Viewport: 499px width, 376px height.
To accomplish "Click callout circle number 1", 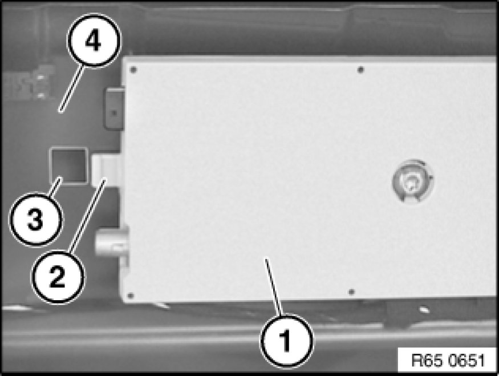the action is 287,341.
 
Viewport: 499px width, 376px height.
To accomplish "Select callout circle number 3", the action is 36,219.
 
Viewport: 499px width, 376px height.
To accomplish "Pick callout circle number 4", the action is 94,41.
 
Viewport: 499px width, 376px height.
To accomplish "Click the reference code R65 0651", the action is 448,361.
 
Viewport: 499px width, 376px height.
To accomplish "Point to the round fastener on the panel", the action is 413,181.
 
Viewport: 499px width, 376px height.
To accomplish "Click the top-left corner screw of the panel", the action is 133,70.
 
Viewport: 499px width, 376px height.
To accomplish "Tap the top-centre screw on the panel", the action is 360,70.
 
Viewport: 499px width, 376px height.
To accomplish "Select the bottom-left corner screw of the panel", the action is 130,296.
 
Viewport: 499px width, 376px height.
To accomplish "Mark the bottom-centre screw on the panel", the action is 352,292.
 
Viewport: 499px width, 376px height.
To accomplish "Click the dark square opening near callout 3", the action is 68,166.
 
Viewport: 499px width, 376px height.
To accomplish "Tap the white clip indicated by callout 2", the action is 107,171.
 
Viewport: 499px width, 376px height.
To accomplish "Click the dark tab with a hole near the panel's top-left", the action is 114,109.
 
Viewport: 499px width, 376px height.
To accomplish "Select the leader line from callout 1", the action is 274,286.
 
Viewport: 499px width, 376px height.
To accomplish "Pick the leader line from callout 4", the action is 72,89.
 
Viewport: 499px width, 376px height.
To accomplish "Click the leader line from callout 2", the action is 87,216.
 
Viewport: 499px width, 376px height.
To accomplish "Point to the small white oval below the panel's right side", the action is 424,309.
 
